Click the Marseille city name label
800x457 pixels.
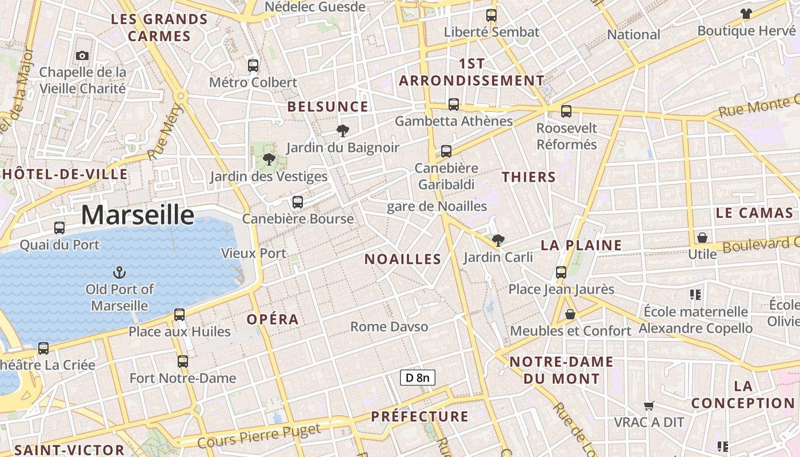click(138, 215)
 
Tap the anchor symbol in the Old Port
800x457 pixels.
click(120, 272)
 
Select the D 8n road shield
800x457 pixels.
click(417, 378)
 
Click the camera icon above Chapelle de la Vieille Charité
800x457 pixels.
click(82, 55)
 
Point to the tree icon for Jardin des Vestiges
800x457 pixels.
click(269, 159)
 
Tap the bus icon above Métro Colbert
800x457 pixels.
click(253, 65)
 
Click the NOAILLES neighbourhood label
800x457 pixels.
click(403, 259)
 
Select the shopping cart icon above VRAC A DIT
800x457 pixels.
click(649, 406)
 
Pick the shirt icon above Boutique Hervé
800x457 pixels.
click(746, 14)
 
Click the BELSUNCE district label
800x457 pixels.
click(328, 107)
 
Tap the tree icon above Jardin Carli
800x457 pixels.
click(498, 240)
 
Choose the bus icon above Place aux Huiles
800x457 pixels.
click(179, 314)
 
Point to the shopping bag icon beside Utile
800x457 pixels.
click(702, 238)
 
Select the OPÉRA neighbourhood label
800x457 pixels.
click(273, 319)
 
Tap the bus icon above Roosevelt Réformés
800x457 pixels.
click(566, 111)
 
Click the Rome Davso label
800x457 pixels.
click(389, 327)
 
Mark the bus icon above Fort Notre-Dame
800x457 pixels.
click(182, 361)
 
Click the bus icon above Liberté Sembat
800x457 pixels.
click(491, 15)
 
